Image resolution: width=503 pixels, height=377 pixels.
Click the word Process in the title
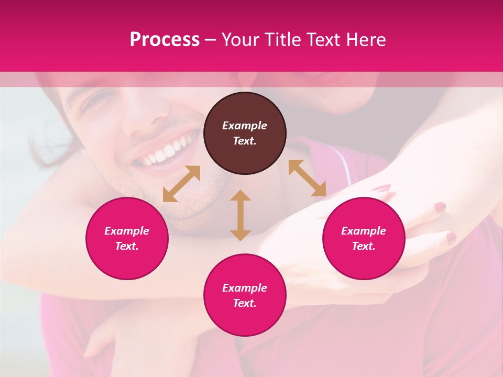click(x=165, y=40)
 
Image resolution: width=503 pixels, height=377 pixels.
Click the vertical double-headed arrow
click(x=240, y=215)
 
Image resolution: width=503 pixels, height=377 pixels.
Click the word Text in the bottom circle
click(x=245, y=303)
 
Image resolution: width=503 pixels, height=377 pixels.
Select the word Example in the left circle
click(x=127, y=231)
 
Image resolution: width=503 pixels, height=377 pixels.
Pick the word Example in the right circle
click(x=364, y=231)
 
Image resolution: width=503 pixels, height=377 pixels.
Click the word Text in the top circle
click(x=245, y=141)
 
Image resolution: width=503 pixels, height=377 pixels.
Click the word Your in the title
click(x=240, y=40)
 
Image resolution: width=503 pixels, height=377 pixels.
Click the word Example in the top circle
click(x=245, y=126)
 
